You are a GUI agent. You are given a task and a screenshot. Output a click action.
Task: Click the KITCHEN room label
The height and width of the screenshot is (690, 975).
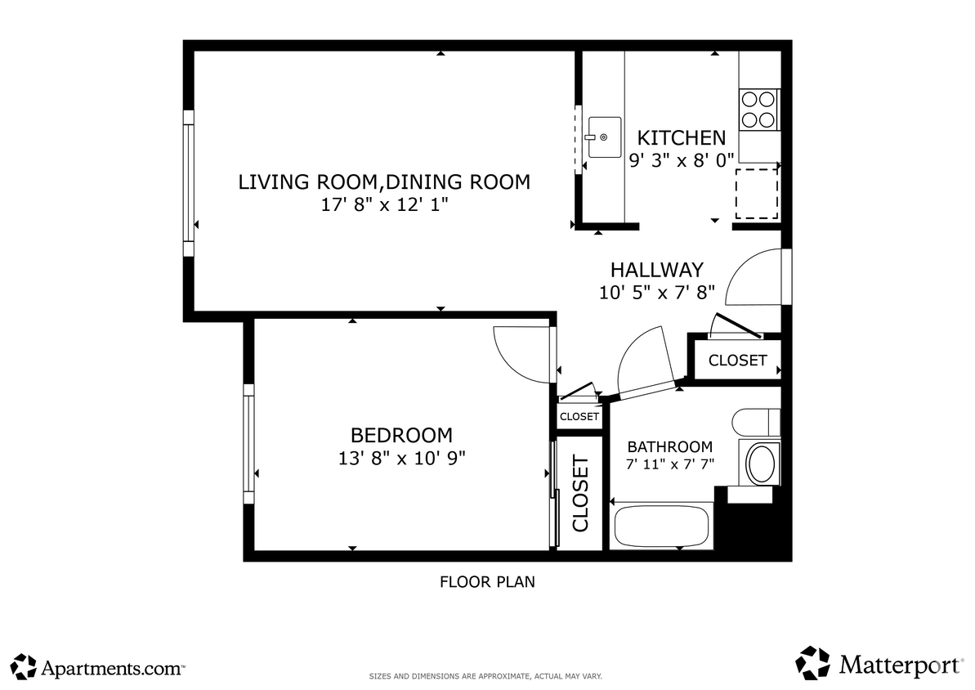[x=681, y=137]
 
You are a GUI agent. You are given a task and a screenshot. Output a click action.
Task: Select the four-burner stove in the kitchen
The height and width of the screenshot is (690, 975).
[x=758, y=110]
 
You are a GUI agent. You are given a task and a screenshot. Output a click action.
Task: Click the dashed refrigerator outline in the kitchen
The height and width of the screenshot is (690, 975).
[x=756, y=194]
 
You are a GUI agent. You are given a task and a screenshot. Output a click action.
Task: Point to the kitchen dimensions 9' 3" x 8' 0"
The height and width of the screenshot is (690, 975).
[x=682, y=160]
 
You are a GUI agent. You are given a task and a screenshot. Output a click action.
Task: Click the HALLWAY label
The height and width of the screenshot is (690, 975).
[x=656, y=270]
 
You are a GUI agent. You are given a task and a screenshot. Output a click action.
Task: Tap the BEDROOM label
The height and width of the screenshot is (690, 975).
[x=401, y=435]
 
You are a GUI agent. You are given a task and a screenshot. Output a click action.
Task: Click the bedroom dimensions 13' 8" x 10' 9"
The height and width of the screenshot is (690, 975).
[x=401, y=458]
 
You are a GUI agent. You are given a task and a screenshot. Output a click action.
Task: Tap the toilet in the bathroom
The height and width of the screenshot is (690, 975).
[x=755, y=422]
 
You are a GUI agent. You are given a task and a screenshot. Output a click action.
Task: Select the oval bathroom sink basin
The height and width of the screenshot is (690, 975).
[x=762, y=464]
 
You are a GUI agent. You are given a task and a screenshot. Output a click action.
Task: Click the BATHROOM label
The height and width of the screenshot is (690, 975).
[x=669, y=447]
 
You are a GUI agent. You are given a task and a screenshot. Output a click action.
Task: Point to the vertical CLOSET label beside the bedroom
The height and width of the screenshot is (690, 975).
[x=580, y=495]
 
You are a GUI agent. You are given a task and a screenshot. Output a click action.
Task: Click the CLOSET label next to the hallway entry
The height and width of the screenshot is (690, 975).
[x=737, y=361]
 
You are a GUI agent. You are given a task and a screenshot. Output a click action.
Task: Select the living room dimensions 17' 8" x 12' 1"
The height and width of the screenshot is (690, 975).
[x=384, y=204]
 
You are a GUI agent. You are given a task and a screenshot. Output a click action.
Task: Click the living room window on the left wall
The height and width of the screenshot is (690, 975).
[x=189, y=181]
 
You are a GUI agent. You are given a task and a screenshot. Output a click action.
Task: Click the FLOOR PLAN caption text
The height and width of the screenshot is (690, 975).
[x=486, y=582]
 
